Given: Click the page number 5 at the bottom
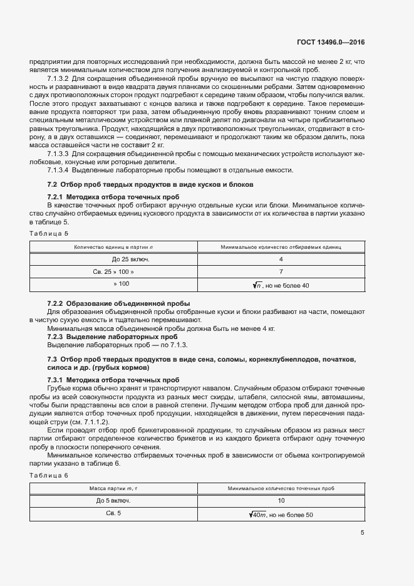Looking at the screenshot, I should (362, 533).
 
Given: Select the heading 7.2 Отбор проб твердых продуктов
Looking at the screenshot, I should (150, 185).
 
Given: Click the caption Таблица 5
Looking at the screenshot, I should (49, 233).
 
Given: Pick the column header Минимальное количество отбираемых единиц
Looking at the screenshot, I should (281, 247).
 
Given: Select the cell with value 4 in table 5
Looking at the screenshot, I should (281, 259).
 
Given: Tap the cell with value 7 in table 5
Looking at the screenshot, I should (281, 271).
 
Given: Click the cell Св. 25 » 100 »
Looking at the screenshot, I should (113, 271).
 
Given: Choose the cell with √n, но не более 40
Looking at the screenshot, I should (281, 285).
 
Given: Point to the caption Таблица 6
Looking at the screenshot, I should (49, 475).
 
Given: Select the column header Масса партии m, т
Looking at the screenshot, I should (113, 488).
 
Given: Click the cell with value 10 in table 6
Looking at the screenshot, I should (281, 500).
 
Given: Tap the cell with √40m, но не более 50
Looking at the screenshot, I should (281, 514).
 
